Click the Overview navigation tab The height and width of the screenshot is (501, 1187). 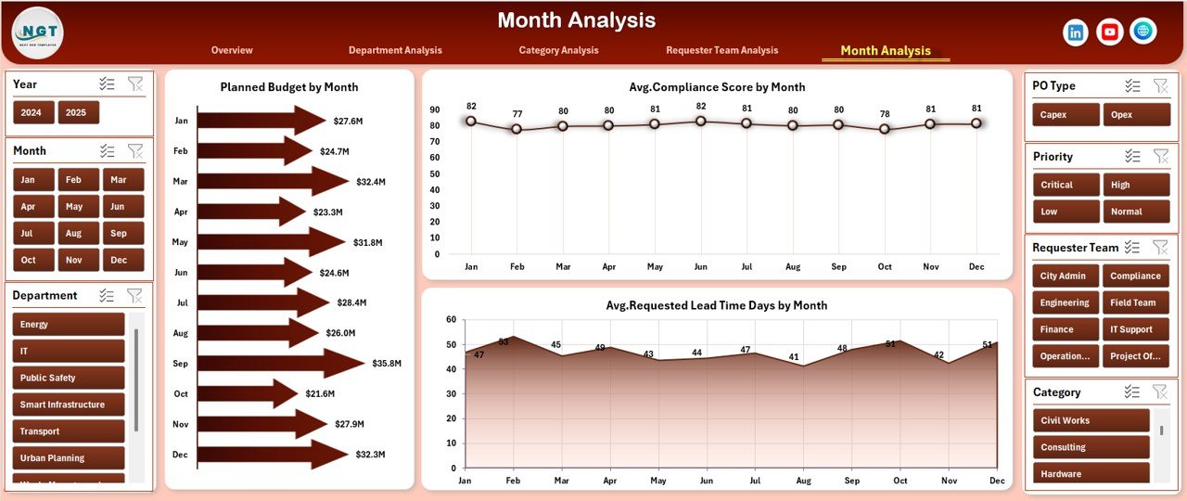[232, 50]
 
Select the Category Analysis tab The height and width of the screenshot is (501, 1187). [558, 50]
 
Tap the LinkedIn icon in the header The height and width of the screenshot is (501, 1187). [1076, 32]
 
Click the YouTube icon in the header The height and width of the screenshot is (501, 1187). [1109, 32]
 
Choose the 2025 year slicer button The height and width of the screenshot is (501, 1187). [78, 112]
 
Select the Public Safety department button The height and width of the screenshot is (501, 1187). [68, 378]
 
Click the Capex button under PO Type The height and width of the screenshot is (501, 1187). [1065, 115]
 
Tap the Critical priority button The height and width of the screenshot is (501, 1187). [1065, 185]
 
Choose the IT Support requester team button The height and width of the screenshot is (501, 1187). [1136, 329]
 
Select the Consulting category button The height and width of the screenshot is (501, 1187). [1091, 447]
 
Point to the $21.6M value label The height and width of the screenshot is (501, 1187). [320, 394]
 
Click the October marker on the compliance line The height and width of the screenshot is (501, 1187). [885, 129]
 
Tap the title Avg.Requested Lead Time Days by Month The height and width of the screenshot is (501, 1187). [716, 305]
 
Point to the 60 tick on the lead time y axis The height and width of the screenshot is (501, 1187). [451, 320]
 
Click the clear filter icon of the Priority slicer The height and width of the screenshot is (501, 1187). [1160, 157]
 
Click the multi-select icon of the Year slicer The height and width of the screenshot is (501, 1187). [108, 83]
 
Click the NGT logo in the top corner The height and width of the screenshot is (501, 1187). [38, 32]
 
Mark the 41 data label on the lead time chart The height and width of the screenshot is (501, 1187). [793, 357]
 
